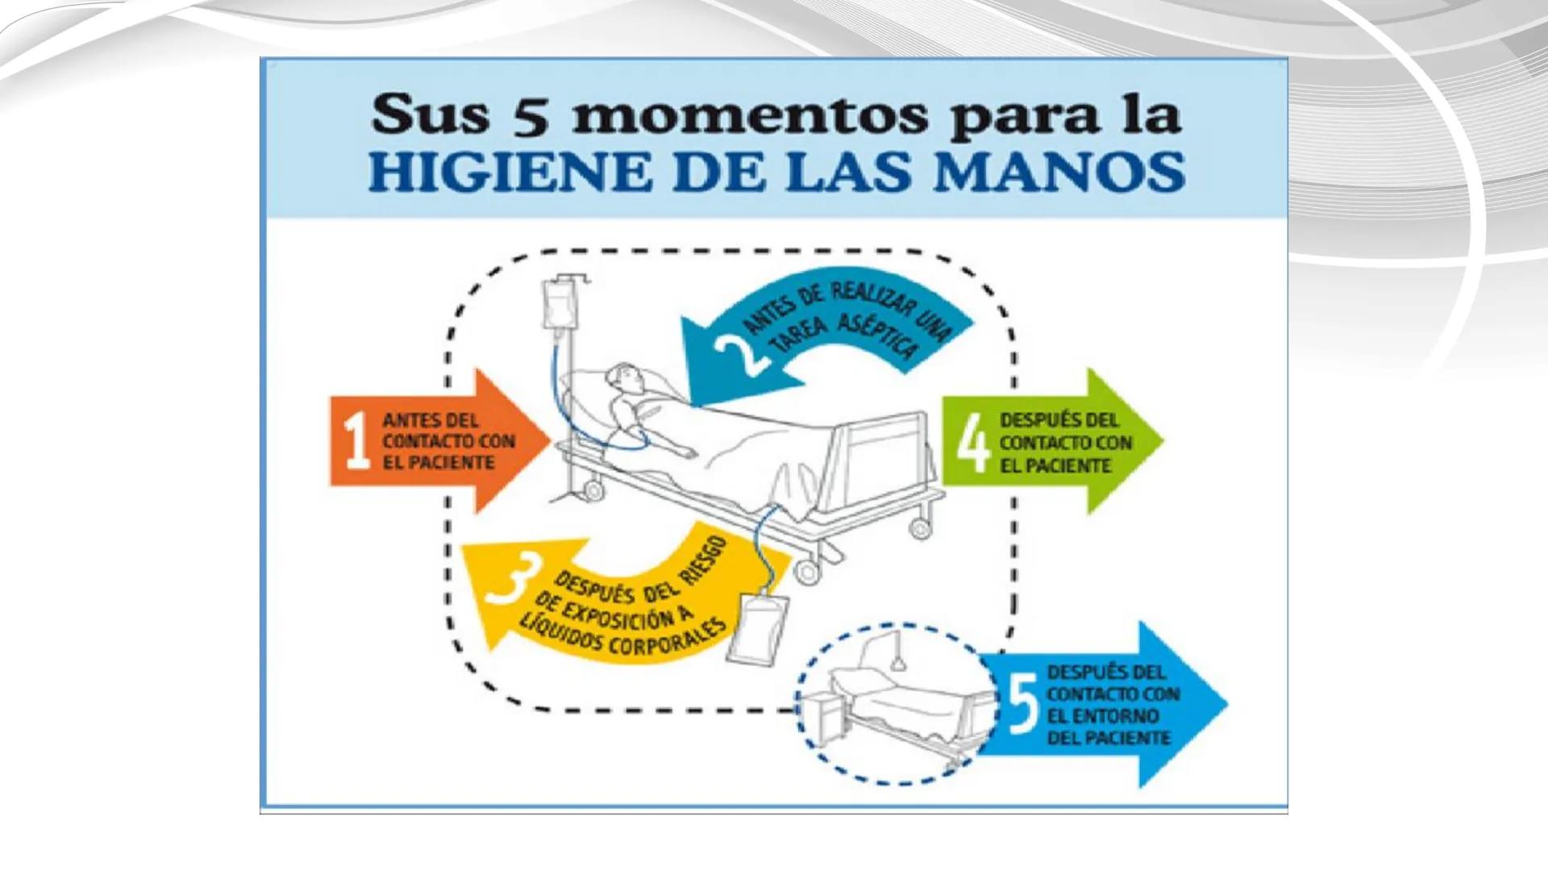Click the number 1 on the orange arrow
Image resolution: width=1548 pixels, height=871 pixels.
tap(356, 441)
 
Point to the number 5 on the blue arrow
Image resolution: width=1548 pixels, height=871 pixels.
tap(1022, 704)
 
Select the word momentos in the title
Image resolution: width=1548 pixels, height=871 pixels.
tap(750, 116)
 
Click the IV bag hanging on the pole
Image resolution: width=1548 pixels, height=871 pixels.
tap(556, 306)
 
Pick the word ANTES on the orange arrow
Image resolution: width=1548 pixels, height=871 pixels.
tap(410, 420)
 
